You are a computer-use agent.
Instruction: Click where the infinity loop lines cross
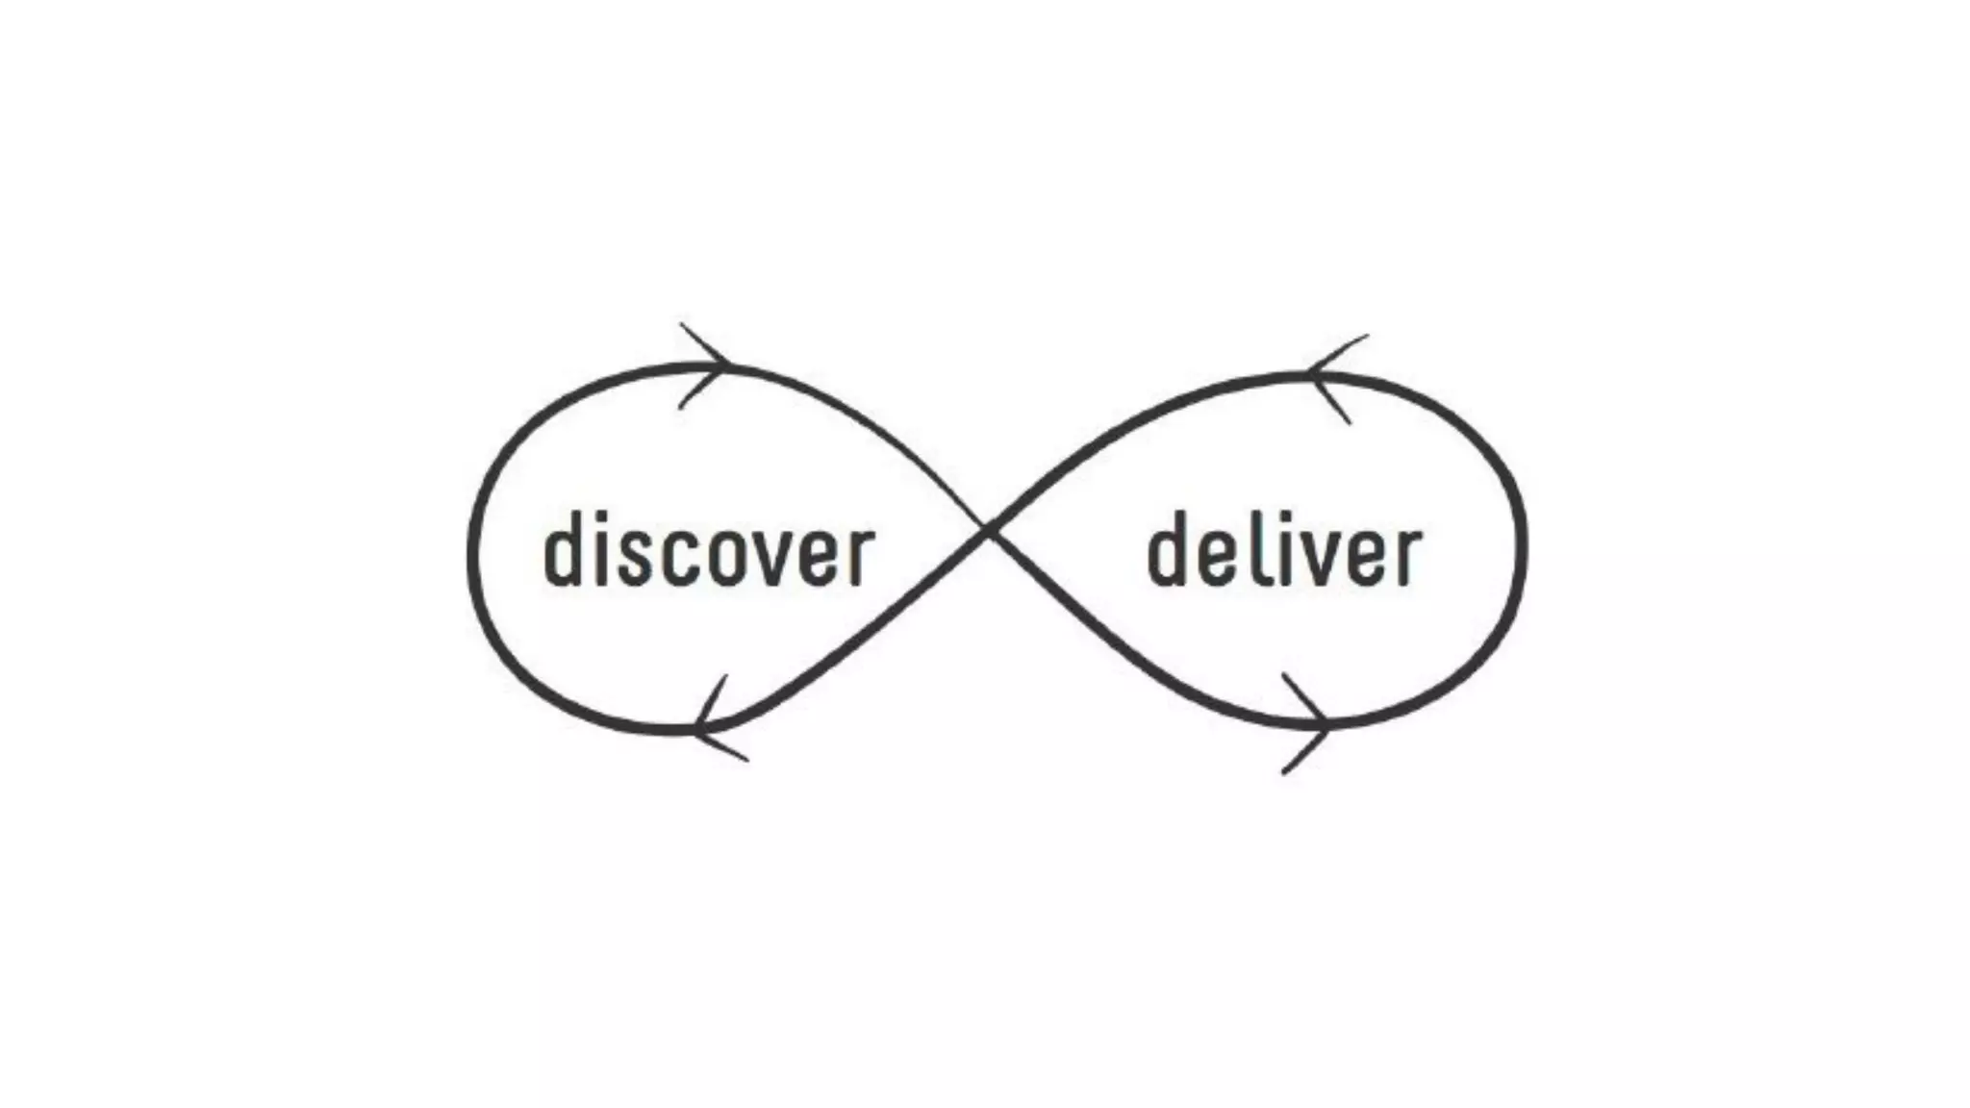coord(988,528)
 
